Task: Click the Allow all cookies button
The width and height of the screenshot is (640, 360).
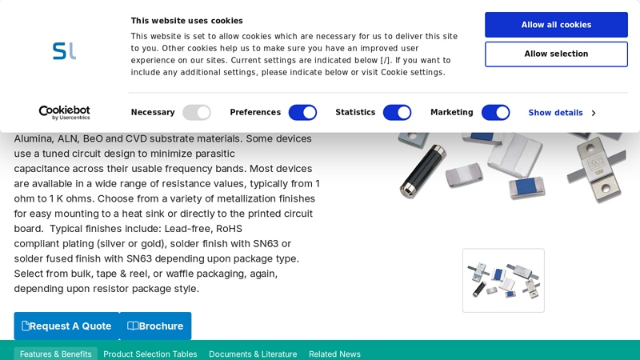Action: coord(556,25)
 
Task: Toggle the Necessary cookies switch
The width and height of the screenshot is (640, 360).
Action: coord(196,113)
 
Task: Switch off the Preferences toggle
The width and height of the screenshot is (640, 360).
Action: coord(302,113)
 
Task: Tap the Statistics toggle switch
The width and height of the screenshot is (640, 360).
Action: coord(397,113)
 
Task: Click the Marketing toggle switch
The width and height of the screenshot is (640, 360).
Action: coord(495,113)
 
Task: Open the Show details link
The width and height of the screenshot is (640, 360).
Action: coord(562,113)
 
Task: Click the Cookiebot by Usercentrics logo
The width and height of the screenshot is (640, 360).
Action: coord(65,113)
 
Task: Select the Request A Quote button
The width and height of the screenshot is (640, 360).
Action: coord(66,326)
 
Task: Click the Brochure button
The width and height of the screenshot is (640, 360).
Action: coord(155,326)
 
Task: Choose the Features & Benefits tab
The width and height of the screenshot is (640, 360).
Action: coord(56,354)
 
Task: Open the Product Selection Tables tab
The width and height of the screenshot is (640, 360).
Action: coord(150,354)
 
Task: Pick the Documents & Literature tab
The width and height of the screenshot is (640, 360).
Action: coord(253,354)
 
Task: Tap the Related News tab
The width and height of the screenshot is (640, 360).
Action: coord(334,354)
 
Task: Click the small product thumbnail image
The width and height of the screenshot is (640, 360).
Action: coord(503,280)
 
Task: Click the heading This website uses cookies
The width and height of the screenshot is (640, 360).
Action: coord(187,21)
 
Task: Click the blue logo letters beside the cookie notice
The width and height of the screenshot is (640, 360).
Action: coord(65,51)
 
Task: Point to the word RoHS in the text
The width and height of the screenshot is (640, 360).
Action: coord(229,229)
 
